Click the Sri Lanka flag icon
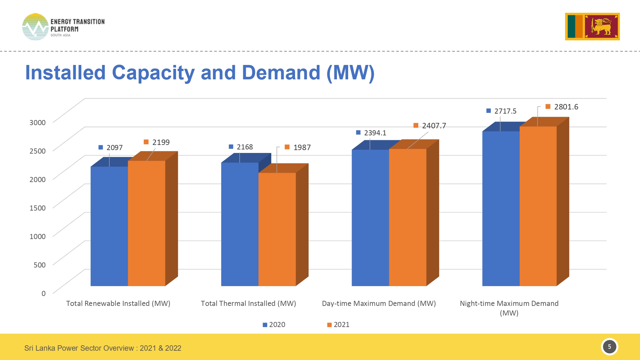(592, 27)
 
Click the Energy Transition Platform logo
(63, 27)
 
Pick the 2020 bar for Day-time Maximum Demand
(370, 218)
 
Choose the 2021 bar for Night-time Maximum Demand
(538, 206)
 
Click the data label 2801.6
(566, 107)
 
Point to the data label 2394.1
(375, 133)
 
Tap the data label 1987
(302, 148)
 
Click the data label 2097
(114, 148)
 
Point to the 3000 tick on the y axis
(37, 122)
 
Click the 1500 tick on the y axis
(37, 208)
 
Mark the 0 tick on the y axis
(44, 293)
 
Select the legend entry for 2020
(274, 324)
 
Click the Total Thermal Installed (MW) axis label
(248, 303)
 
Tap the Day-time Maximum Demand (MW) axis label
(379, 303)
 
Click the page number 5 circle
(609, 347)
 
